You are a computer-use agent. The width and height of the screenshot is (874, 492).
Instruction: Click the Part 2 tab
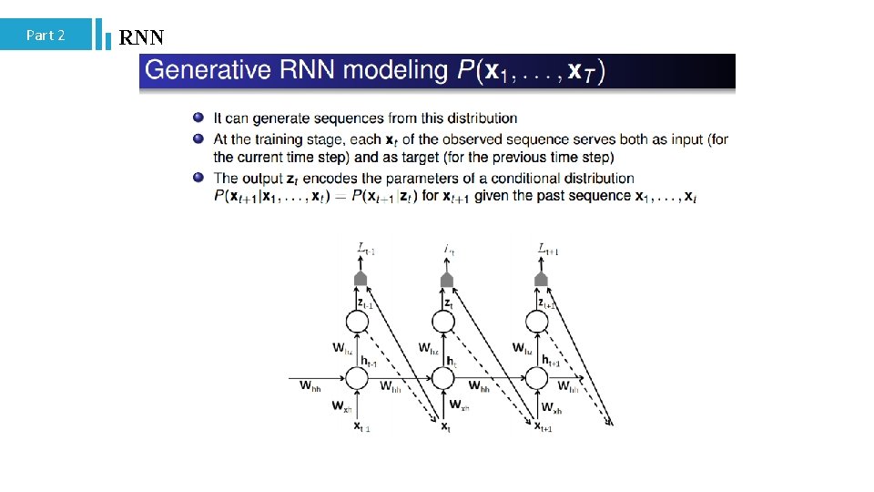coord(46,35)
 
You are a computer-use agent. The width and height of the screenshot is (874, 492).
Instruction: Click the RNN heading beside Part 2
coord(141,37)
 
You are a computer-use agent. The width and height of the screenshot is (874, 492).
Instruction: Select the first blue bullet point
coord(198,118)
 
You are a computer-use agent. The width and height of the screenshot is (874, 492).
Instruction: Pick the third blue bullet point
coord(198,177)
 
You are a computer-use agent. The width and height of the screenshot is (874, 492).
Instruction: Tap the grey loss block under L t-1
coord(360,278)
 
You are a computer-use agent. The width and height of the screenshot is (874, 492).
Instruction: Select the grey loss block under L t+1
coord(541,278)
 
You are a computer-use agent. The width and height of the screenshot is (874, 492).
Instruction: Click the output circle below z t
coord(446,322)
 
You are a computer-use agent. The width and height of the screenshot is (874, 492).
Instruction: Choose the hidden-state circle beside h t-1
coord(360,377)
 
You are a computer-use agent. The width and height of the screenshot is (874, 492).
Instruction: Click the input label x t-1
coord(361,426)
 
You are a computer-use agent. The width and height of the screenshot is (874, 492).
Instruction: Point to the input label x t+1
coord(543,426)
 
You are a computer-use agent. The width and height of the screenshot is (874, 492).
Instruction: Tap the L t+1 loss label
coord(547,248)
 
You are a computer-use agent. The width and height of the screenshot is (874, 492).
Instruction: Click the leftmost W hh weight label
coord(310,385)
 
